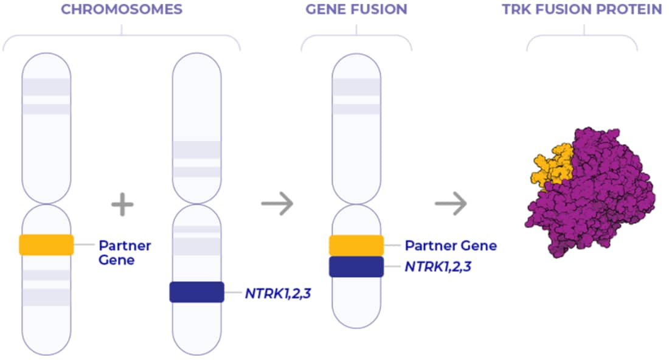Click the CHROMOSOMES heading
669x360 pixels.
121,10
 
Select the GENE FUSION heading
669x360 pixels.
356,10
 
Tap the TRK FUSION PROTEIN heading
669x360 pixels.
582,10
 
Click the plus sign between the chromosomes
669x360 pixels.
122,204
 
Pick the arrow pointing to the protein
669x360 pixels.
451,203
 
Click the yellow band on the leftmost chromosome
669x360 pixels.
46,244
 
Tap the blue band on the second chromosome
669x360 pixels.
196,292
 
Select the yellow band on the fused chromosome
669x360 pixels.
356,245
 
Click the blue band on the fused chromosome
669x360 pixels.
356,267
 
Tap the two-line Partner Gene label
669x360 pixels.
125,252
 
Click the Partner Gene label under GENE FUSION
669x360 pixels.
451,246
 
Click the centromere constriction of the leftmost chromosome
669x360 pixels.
46,204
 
